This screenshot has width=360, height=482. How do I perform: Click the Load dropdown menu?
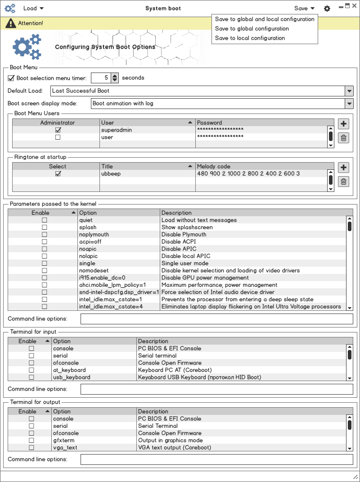click(33, 8)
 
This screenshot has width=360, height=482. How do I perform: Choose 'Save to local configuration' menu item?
click(250, 38)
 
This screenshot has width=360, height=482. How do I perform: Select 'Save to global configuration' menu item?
click(252, 29)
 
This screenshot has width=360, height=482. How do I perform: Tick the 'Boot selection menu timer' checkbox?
click(11, 78)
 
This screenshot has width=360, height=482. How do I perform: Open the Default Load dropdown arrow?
click(349, 91)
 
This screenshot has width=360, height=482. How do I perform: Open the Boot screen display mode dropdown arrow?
click(349, 104)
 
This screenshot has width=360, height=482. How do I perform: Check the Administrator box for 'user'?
click(58, 137)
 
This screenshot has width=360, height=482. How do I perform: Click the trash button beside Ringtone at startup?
click(343, 182)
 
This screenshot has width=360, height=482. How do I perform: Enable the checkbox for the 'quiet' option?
click(45, 220)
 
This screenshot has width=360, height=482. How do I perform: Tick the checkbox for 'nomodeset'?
click(45, 271)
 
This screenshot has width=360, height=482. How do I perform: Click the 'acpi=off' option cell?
click(90, 242)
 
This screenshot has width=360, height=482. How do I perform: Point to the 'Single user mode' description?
click(184, 264)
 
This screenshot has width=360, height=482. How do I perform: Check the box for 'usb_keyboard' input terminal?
click(31, 377)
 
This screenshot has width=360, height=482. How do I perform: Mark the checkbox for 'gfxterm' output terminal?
click(31, 441)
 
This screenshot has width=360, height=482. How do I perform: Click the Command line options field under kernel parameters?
click(216, 319)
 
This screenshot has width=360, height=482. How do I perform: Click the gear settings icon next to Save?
click(327, 9)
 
